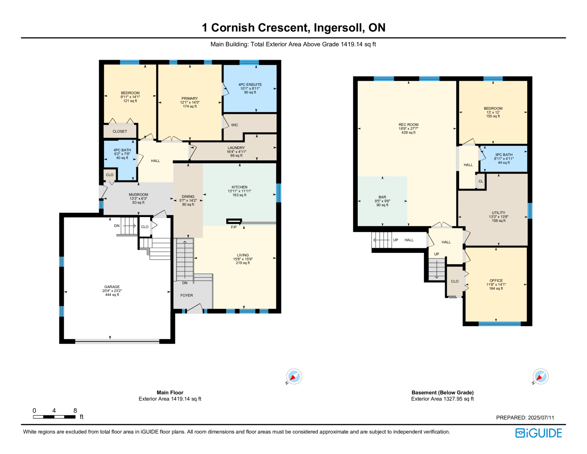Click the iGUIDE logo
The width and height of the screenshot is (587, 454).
pos(538,433)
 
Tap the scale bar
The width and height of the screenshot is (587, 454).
pos(54,417)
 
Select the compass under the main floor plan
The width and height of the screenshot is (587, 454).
pos(294,376)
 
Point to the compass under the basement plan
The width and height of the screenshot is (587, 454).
pos(540,376)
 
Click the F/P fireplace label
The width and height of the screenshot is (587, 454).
pos(234,227)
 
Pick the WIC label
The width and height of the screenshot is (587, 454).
pos(234,125)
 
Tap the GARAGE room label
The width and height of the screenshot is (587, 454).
pos(112,287)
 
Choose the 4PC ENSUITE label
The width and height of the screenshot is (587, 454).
pos(250,84)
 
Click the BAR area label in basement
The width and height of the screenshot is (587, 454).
pos(382,197)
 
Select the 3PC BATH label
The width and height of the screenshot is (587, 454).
pos(504,155)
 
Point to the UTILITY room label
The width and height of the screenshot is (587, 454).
pos(498,213)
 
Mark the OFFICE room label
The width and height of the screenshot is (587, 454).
pos(496,281)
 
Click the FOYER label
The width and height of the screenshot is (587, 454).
pos(187,295)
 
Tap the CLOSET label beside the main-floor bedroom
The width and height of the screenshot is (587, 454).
pos(120,131)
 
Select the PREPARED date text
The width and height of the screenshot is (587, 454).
pos(525,418)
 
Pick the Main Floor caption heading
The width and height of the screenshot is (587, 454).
pos(170,392)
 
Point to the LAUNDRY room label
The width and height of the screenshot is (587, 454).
pos(236,148)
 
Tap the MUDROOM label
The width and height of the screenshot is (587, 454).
pos(138,194)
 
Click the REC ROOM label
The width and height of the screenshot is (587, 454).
pos(408,125)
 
